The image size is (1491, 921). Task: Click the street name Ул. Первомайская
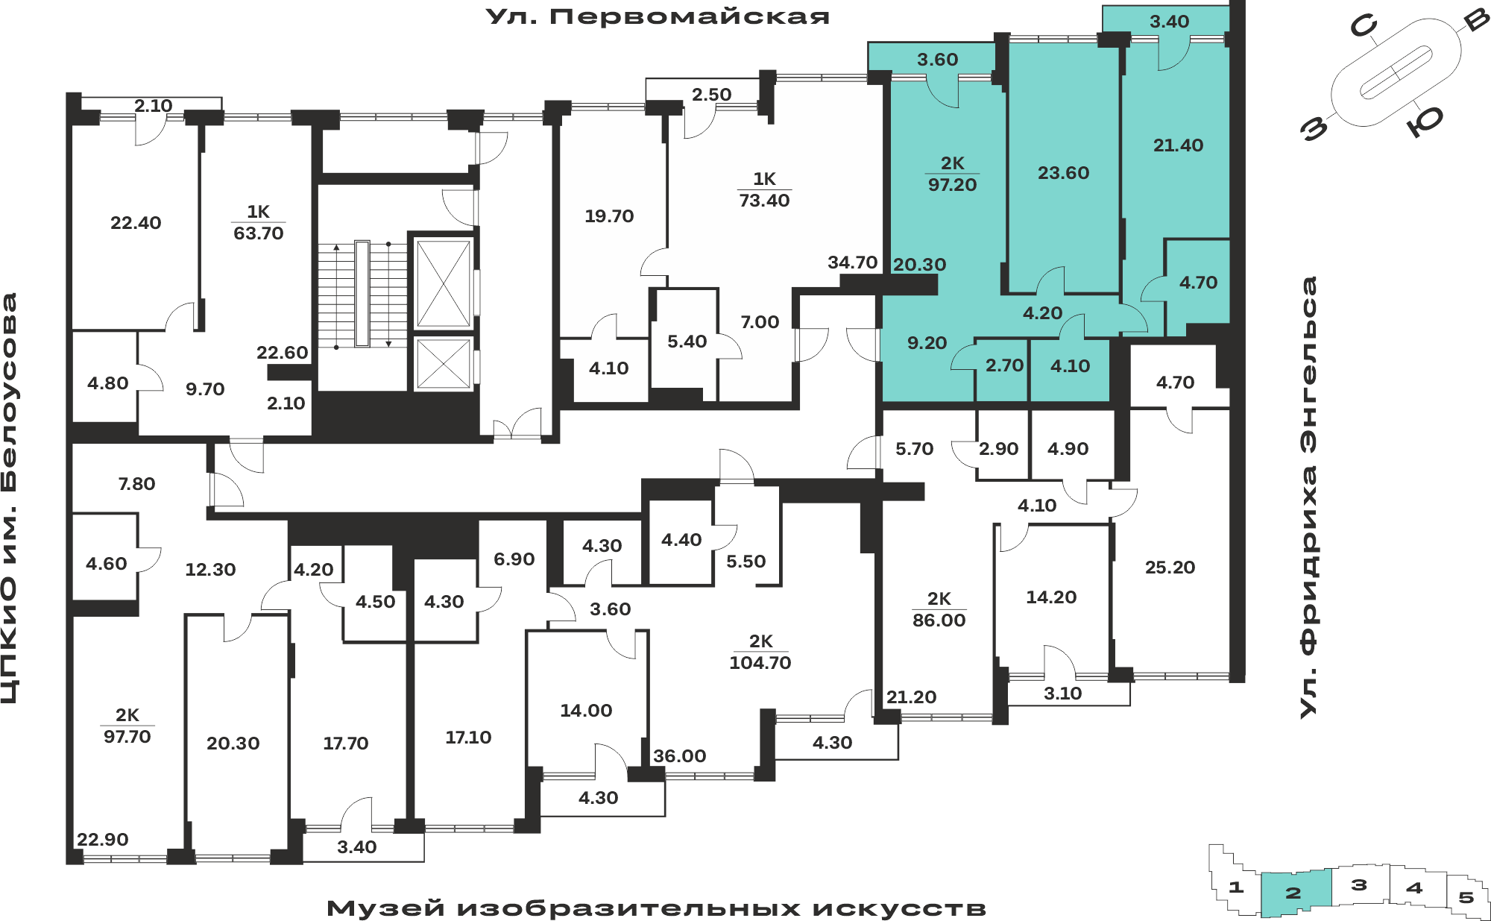658,16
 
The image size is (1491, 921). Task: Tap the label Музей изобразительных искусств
657,908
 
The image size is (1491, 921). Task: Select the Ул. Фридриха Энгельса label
1309,497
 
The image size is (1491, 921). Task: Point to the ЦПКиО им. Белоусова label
9,498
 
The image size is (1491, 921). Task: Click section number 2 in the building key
1293,893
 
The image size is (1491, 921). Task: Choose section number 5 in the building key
1466,897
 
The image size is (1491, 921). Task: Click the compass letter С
1364,27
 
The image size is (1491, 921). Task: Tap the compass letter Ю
1426,121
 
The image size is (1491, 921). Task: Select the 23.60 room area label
1063,173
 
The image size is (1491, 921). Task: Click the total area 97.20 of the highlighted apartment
952,185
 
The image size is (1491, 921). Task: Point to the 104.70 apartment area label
760,663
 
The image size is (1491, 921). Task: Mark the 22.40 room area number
136,223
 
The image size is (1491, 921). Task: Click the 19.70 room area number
609,216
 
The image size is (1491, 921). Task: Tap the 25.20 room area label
1170,568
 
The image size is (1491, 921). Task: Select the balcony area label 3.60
937,60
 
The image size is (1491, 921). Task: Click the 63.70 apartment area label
258,233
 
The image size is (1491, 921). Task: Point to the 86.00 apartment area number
939,620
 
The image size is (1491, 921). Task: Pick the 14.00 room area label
586,711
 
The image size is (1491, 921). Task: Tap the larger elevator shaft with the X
444,283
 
